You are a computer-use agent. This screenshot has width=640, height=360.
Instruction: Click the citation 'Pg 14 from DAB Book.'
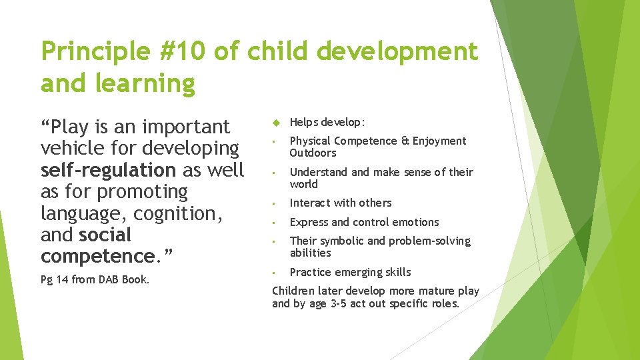[95, 279]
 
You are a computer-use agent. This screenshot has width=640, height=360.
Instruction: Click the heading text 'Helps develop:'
[327, 123]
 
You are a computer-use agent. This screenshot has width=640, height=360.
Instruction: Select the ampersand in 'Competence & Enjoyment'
[405, 141]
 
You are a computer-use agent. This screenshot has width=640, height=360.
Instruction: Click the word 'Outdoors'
[313, 153]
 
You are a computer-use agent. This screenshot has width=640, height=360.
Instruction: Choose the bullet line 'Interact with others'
[341, 203]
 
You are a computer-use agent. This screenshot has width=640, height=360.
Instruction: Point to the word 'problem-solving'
[433, 241]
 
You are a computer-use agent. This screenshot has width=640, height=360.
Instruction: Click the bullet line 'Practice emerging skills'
[350, 272]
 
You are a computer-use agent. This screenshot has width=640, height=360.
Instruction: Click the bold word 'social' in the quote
[105, 235]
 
